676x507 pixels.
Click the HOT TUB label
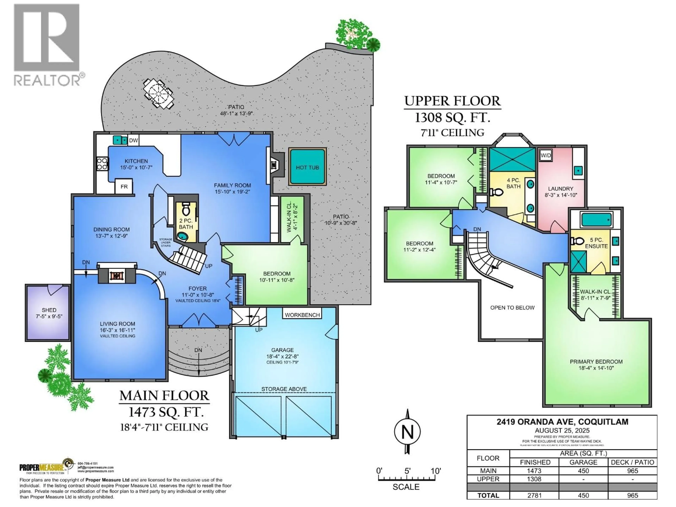click(307, 167)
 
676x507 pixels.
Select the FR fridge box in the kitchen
click(124, 186)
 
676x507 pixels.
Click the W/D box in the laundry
click(546, 155)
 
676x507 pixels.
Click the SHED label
click(49, 310)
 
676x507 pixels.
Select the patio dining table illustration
click(158, 94)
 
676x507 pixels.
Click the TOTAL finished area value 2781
click(534, 495)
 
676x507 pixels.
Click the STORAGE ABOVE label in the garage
click(284, 389)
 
